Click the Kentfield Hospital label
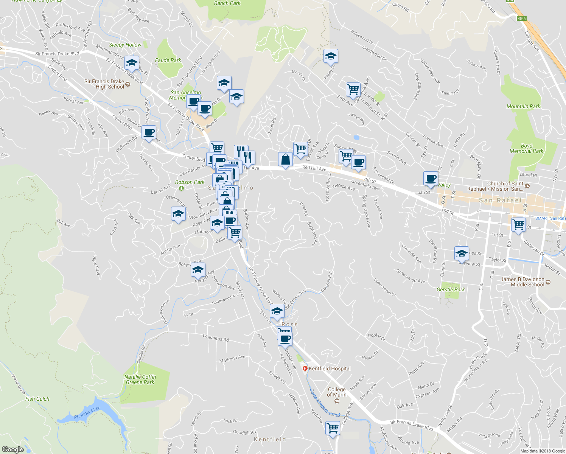[x=330, y=368]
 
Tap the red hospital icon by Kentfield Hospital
[x=305, y=368]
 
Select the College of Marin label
[x=337, y=392]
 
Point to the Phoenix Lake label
[x=87, y=413]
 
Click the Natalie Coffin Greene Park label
[x=140, y=379]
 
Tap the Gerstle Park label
[x=451, y=289]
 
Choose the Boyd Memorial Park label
[x=526, y=148]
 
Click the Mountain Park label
[x=523, y=106]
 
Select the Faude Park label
[x=168, y=60]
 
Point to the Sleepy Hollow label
[x=125, y=45]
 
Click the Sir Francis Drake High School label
[x=104, y=84]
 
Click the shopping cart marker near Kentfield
[x=333, y=428]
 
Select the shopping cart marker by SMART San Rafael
[x=518, y=224]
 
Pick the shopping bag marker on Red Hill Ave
[x=285, y=159]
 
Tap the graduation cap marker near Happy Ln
[x=331, y=56]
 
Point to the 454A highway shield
[x=522, y=18]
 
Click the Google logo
[x=12, y=449]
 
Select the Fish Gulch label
[x=37, y=399]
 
